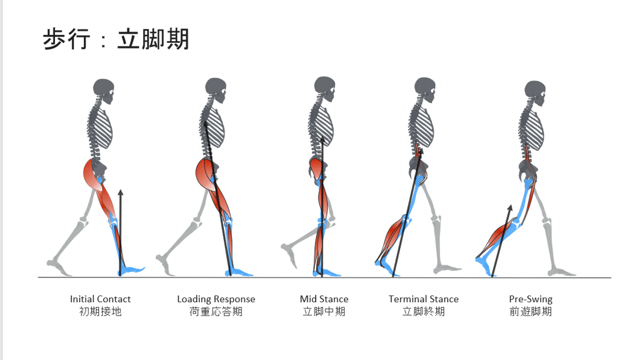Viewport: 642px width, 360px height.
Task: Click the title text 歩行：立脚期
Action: tap(116, 39)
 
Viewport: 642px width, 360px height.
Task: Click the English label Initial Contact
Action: tap(100, 299)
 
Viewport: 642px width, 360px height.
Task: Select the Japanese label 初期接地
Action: tap(100, 312)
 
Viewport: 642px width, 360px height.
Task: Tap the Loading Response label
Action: tap(216, 300)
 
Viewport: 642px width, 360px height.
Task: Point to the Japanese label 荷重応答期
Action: tap(216, 312)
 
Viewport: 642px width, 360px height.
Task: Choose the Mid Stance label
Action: tap(324, 299)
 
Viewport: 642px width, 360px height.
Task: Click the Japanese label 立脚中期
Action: tap(324, 312)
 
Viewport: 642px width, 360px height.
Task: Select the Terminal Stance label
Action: tap(424, 299)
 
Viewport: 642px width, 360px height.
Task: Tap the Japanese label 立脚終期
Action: tap(424, 312)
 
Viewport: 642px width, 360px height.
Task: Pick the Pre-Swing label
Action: tap(530, 300)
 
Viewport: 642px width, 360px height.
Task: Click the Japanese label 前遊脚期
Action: tap(530, 312)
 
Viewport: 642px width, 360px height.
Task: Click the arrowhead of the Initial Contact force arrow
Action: tap(121, 193)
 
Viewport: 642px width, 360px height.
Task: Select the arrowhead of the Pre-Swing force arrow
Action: tap(510, 209)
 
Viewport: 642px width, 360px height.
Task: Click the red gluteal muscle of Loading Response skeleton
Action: tap(206, 175)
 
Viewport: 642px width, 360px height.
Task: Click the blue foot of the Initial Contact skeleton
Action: tap(132, 270)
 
